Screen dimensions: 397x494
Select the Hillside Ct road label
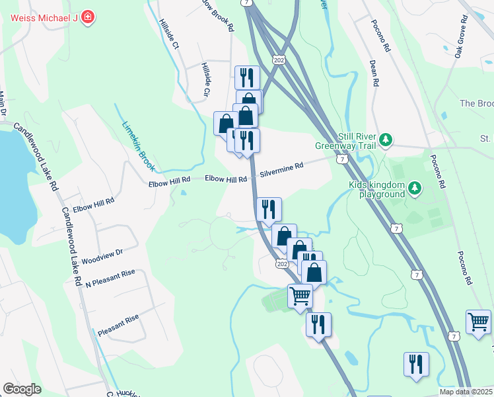click(168, 34)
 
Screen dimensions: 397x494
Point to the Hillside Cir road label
click(207, 79)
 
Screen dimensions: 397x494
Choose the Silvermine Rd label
click(281, 170)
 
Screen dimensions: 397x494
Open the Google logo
click(22, 389)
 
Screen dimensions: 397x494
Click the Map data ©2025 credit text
click(466, 392)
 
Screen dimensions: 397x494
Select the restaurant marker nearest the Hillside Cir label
click(247, 78)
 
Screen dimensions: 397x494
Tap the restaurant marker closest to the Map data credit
click(416, 365)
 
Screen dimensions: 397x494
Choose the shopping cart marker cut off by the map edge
click(479, 323)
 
